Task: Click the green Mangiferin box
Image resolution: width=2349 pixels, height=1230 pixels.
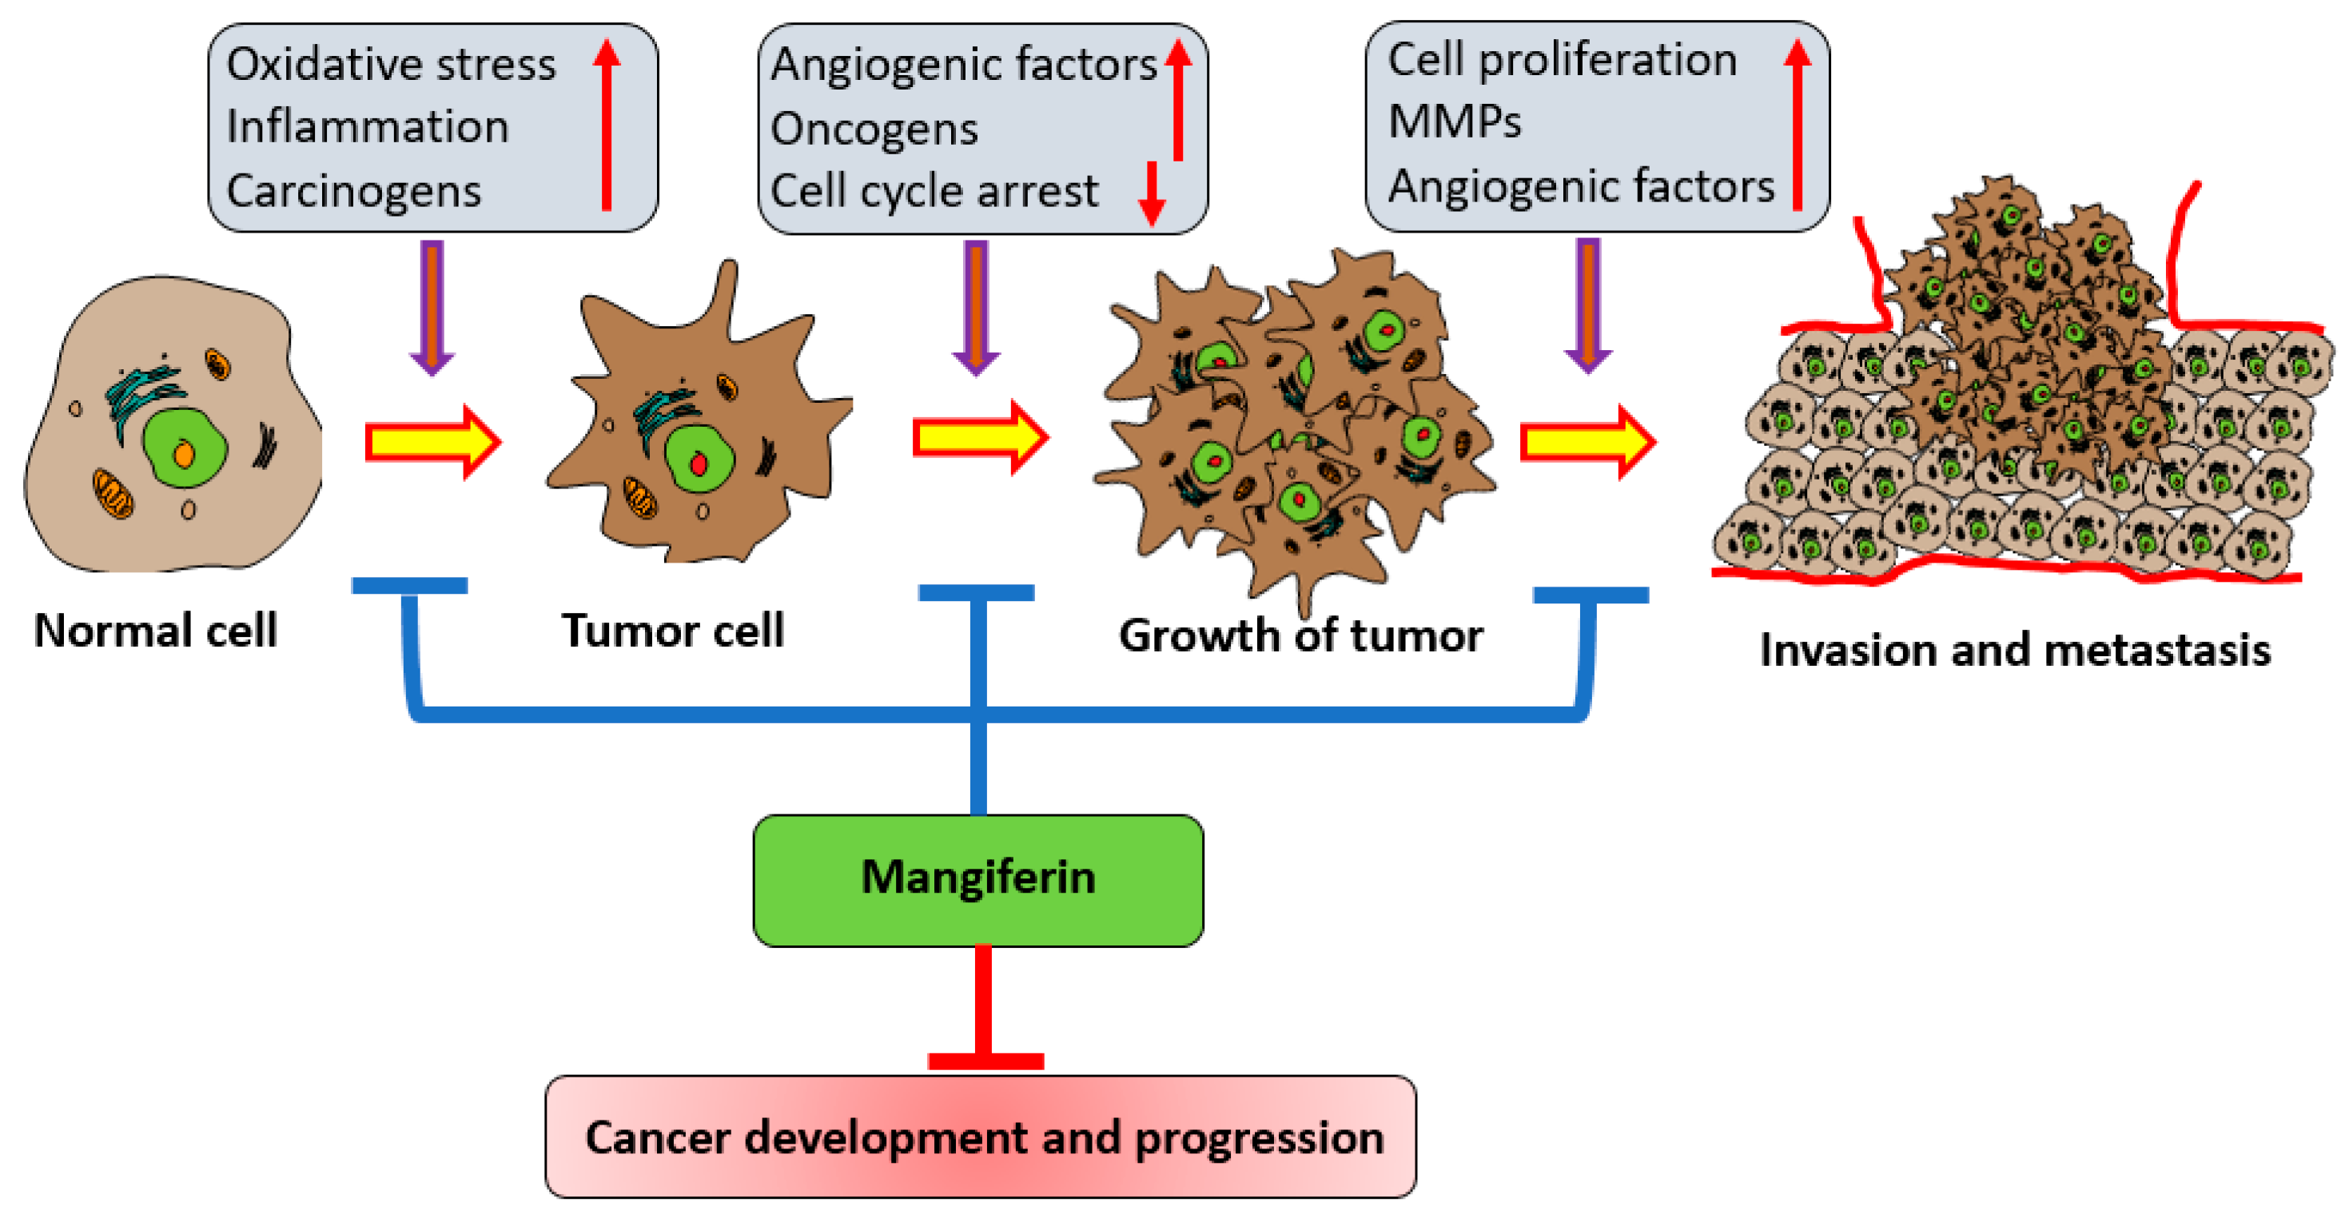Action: (977, 879)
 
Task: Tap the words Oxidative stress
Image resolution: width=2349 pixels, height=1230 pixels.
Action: (390, 65)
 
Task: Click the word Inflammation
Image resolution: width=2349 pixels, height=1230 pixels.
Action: (367, 127)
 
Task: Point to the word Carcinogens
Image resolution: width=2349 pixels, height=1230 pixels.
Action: (354, 190)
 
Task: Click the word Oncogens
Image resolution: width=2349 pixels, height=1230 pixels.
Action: (874, 129)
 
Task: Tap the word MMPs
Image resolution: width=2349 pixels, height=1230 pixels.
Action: (1455, 121)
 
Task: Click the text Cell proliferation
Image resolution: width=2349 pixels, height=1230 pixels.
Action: (1561, 60)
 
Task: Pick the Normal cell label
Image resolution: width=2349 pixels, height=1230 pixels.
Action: (155, 630)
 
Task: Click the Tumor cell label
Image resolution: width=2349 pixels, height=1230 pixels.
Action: (672, 630)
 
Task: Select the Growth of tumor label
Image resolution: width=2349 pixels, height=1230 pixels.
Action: (1300, 635)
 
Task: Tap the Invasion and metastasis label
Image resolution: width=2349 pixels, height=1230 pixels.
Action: (2014, 650)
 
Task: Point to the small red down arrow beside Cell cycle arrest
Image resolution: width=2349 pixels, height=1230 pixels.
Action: (1152, 193)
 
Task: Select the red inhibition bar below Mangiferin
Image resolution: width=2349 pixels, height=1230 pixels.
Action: (983, 1012)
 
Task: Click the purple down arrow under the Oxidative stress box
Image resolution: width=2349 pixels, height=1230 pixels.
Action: (432, 305)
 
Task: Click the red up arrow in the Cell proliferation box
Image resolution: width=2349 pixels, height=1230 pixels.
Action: (1798, 123)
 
